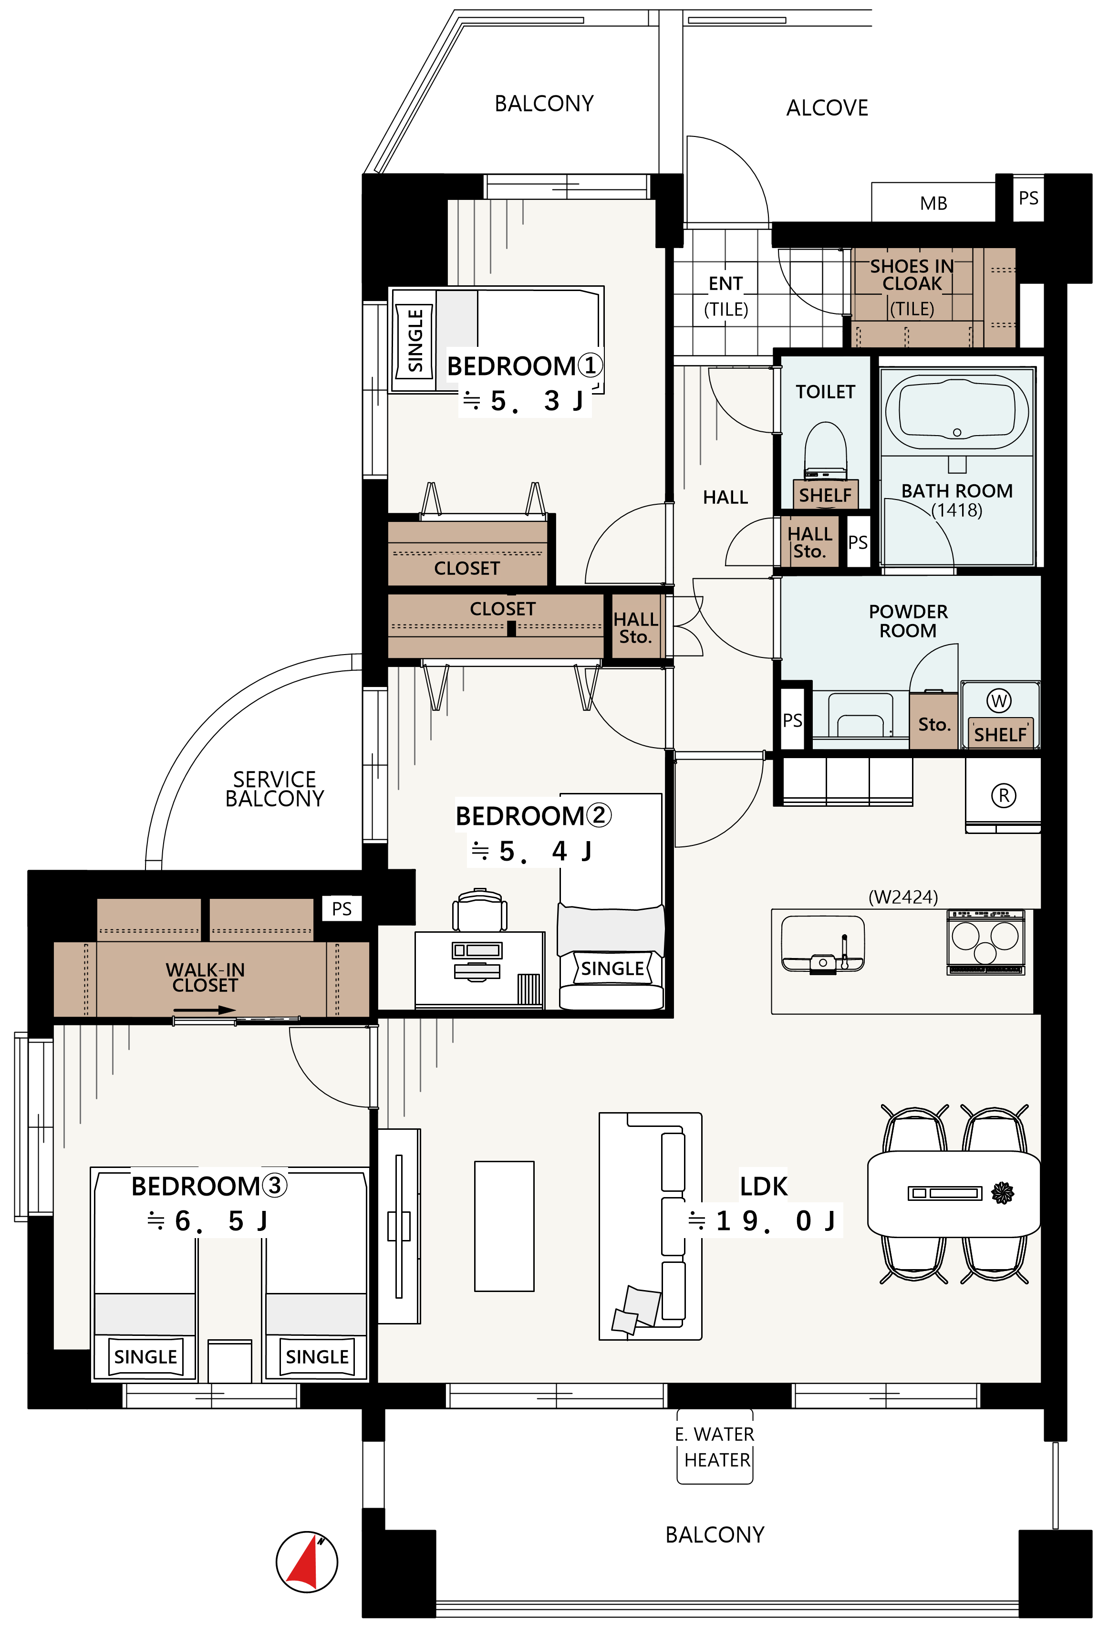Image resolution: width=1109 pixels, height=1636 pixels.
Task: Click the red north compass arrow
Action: pos(304,1564)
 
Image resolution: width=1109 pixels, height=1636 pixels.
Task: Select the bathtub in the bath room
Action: pos(956,411)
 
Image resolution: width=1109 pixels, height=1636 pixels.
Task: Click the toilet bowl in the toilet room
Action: pos(825,448)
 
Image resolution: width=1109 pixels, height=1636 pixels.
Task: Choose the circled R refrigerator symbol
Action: pos(1004,795)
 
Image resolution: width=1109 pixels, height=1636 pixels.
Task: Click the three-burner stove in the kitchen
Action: pos(985,941)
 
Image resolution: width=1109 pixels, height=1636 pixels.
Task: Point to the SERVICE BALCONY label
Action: pos(274,789)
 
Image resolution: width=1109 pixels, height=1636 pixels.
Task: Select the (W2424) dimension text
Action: pos(903,897)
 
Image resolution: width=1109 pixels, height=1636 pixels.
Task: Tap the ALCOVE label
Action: pos(827,108)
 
